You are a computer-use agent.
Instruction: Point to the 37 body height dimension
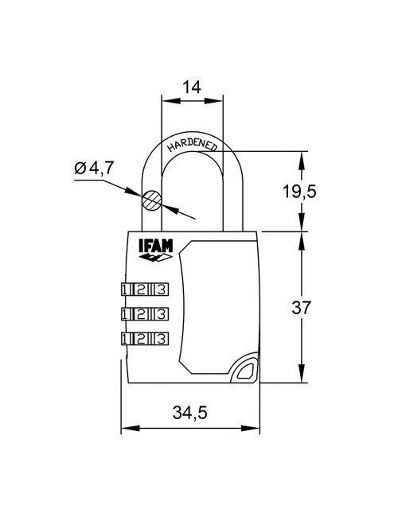(323, 307)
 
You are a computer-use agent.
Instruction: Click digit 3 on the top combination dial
(162, 288)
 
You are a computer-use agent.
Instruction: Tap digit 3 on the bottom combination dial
(162, 338)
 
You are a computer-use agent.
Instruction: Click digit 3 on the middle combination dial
(162, 313)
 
